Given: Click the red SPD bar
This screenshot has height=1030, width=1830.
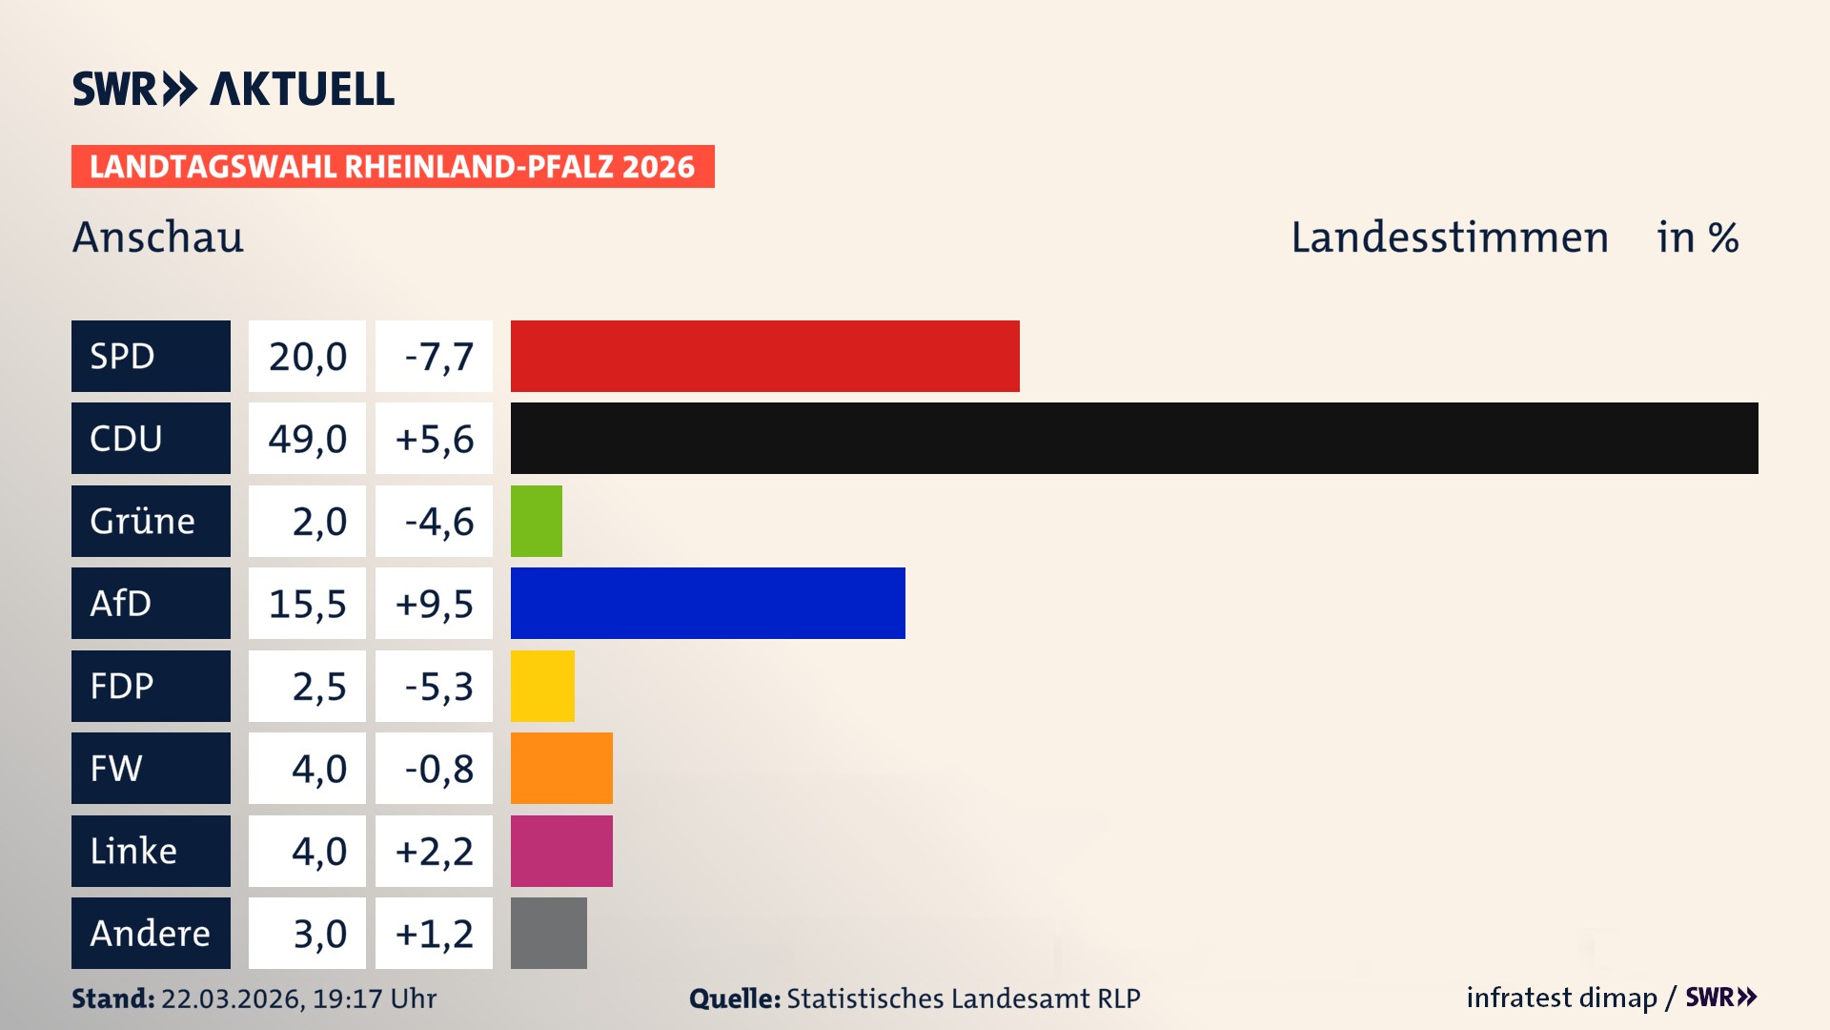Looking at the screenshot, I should [x=764, y=356].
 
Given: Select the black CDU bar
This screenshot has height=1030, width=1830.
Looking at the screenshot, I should [x=1134, y=438].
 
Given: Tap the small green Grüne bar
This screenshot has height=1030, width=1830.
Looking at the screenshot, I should [x=536, y=521].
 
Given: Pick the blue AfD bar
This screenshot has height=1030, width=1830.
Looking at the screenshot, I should [x=707, y=603].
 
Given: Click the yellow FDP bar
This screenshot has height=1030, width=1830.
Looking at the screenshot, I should [x=542, y=686].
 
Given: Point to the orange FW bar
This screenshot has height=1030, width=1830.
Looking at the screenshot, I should [x=561, y=768].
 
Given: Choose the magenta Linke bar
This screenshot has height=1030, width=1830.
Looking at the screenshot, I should [x=561, y=851].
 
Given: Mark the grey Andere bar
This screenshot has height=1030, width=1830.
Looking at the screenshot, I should [x=548, y=933].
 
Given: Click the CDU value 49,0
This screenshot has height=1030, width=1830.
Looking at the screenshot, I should [x=307, y=439].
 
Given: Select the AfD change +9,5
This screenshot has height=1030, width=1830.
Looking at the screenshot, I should [x=434, y=604].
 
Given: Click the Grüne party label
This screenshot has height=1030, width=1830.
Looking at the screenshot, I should [x=143, y=521].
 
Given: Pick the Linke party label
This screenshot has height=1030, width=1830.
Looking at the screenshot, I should [x=133, y=851].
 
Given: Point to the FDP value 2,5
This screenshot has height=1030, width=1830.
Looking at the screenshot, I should [x=318, y=687].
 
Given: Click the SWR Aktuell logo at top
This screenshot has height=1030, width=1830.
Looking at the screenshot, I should [x=233, y=89].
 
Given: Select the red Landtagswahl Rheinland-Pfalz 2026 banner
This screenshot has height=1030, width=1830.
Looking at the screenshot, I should [x=392, y=166].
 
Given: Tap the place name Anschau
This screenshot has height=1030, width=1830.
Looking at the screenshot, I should [x=158, y=237].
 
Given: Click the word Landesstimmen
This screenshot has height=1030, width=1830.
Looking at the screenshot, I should [x=1449, y=237].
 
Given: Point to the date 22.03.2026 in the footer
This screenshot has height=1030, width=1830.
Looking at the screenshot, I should [x=232, y=999].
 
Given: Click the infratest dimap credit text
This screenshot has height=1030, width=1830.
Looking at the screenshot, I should [x=1560, y=998].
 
